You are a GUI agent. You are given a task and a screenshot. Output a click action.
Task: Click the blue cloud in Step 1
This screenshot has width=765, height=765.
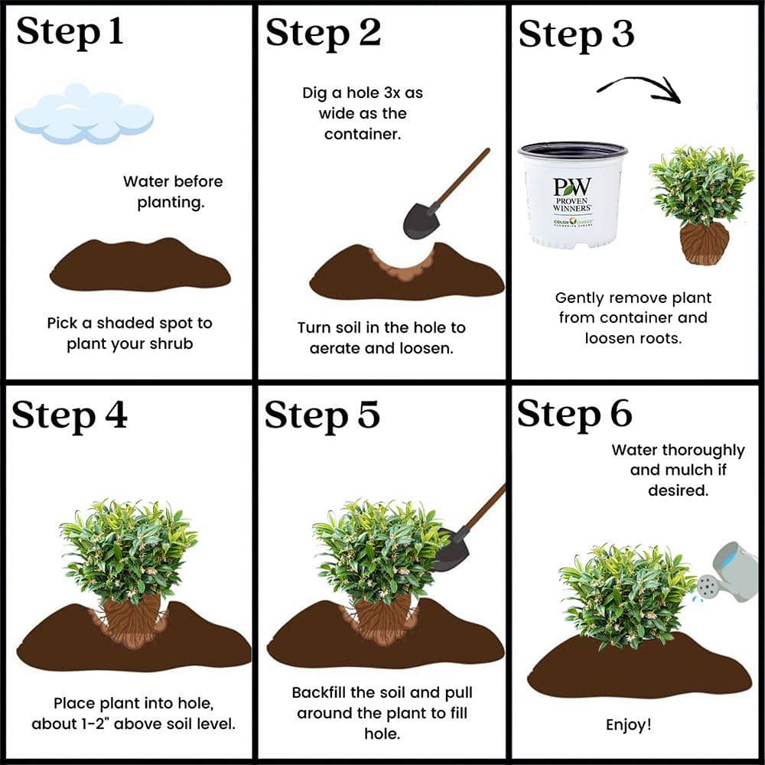pyautogui.click(x=84, y=115)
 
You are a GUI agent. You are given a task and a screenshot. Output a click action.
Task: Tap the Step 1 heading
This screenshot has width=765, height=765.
pyautogui.click(x=70, y=32)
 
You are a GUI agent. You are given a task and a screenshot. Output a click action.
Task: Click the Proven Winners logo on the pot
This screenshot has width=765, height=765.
pyautogui.click(x=572, y=196)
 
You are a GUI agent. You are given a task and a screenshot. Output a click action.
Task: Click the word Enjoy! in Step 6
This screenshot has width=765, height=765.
pyautogui.click(x=628, y=724)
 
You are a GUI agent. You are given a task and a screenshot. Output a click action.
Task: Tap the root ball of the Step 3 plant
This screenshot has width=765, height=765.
pyautogui.click(x=704, y=243)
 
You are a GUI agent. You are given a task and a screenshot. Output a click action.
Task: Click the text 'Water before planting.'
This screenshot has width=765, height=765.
pyautogui.click(x=172, y=192)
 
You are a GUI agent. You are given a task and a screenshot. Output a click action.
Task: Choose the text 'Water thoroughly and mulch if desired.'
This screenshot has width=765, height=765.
pyautogui.click(x=678, y=470)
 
